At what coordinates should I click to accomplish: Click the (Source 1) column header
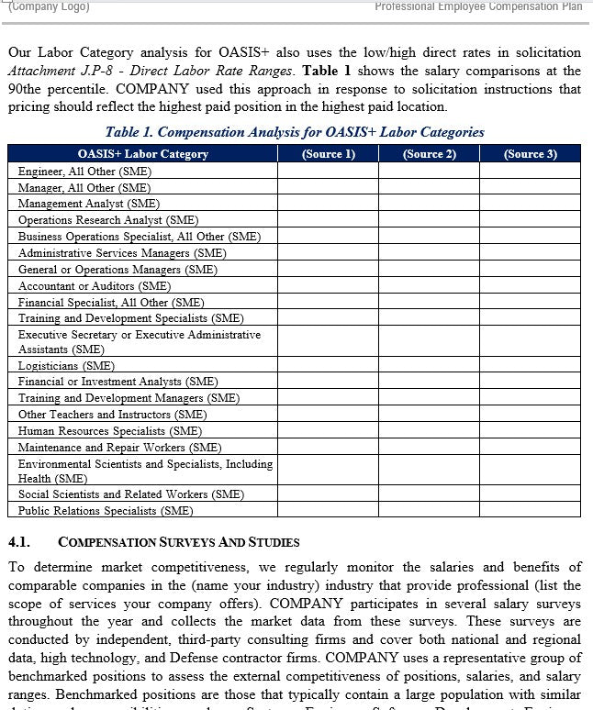tap(328, 154)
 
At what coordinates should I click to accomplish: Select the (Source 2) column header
tap(429, 154)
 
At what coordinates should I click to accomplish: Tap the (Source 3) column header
tap(530, 154)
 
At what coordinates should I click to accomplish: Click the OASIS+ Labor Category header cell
tap(143, 154)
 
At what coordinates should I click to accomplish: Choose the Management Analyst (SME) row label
tap(88, 204)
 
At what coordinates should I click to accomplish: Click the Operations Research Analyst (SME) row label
tap(108, 220)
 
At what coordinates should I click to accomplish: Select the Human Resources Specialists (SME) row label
tap(110, 430)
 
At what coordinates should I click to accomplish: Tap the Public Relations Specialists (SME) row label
tap(106, 510)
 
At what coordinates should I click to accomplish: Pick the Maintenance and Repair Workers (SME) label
tap(120, 447)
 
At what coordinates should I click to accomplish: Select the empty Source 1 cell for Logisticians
tap(328, 365)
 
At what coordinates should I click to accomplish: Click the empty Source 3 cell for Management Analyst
tap(530, 204)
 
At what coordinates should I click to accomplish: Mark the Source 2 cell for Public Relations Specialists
tap(429, 510)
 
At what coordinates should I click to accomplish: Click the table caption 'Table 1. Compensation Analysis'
tap(295, 132)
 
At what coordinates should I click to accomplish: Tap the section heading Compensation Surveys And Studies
tap(178, 543)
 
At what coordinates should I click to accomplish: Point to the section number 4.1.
tap(20, 543)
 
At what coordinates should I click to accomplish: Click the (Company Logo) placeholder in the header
tap(50, 6)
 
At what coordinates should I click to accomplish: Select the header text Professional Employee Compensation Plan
tap(478, 6)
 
